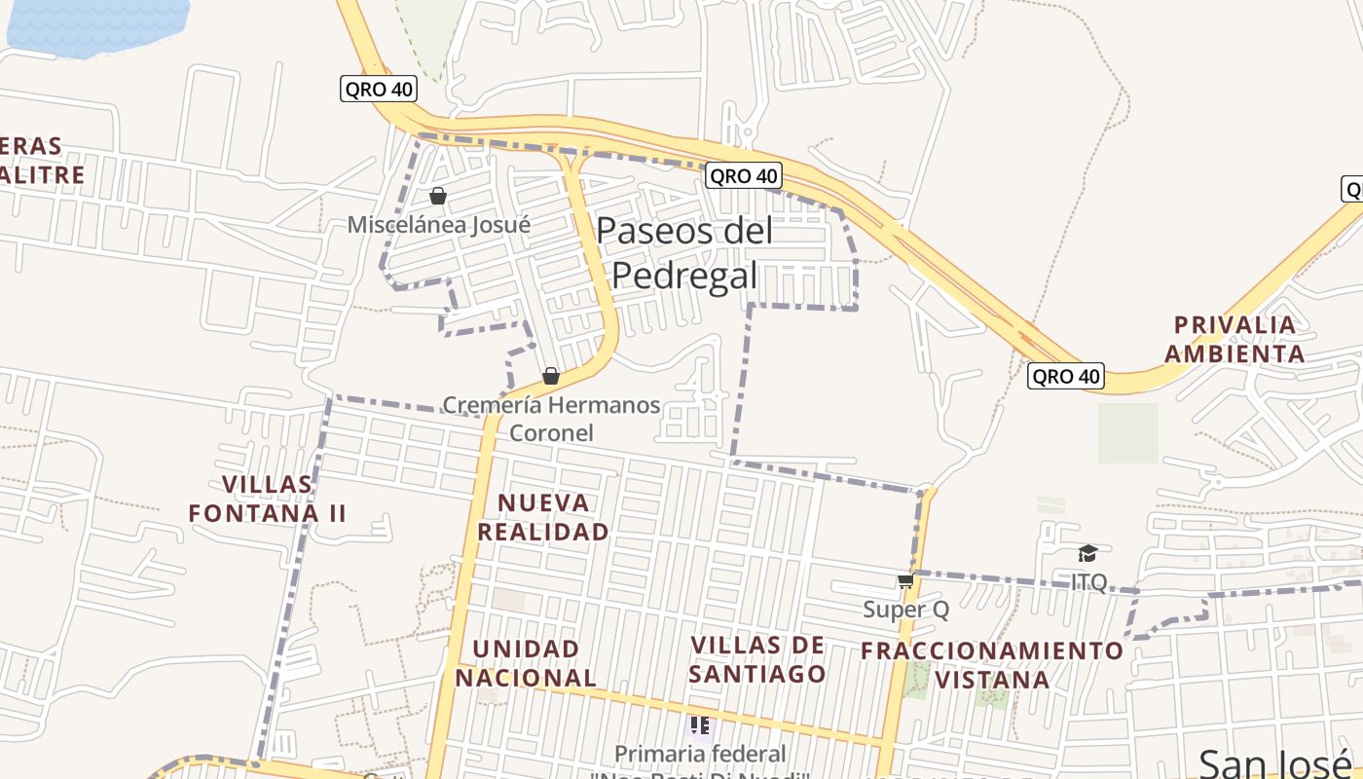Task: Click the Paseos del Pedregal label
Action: pyautogui.click(x=684, y=253)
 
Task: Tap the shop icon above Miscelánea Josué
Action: pyautogui.click(x=438, y=197)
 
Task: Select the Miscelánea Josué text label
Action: pyautogui.click(x=439, y=225)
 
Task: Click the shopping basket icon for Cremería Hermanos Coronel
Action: pyautogui.click(x=551, y=376)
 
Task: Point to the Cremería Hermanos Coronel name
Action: pyautogui.click(x=551, y=418)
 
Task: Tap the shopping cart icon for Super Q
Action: pyautogui.click(x=905, y=581)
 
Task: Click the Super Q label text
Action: pyautogui.click(x=905, y=610)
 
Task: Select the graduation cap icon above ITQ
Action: pyautogui.click(x=1087, y=554)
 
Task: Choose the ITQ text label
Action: pyautogui.click(x=1088, y=582)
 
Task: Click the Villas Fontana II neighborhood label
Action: pyautogui.click(x=268, y=499)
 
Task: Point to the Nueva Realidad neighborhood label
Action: pyautogui.click(x=543, y=517)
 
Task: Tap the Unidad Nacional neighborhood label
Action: pyautogui.click(x=526, y=662)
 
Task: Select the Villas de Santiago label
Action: pyautogui.click(x=757, y=659)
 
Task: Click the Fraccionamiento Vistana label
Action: pyautogui.click(x=993, y=664)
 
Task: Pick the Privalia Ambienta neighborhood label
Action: pyautogui.click(x=1234, y=339)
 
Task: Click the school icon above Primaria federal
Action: pyautogui.click(x=699, y=725)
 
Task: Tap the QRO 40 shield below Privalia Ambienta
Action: pyautogui.click(x=1066, y=376)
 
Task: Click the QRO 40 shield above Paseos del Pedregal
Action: pyautogui.click(x=743, y=175)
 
